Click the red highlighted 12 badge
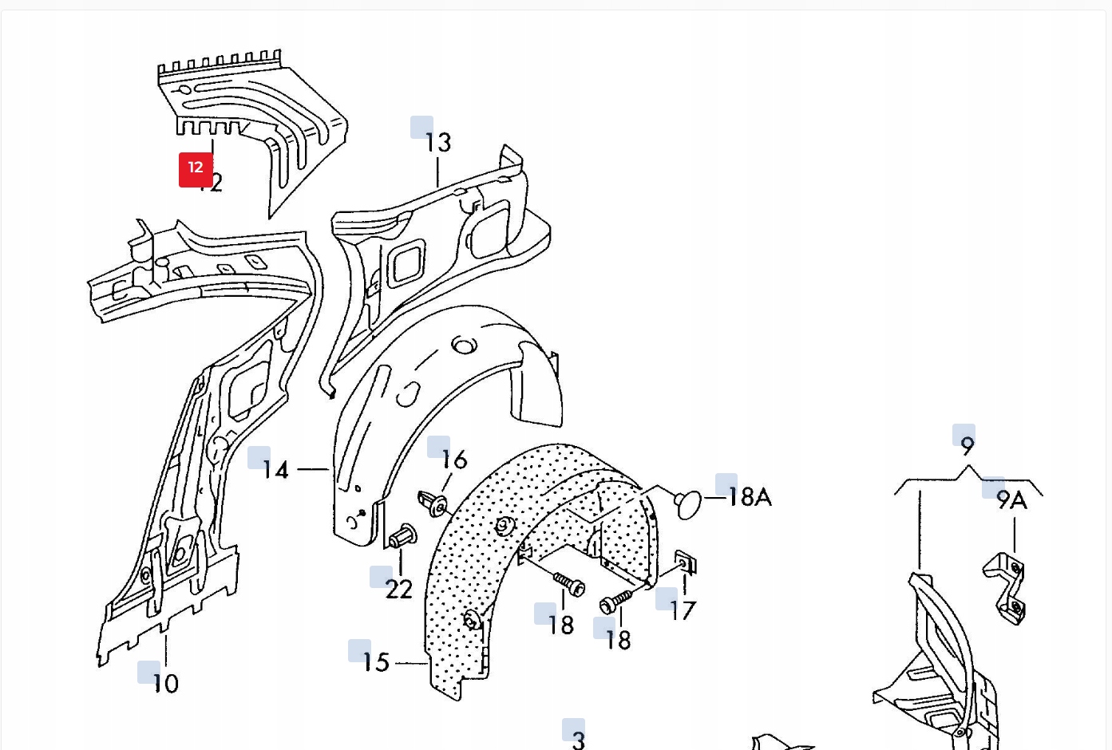(196, 169)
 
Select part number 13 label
(437, 143)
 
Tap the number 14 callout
(275, 470)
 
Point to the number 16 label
(453, 460)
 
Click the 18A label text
(749, 497)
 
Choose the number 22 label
(398, 590)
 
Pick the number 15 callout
(375, 662)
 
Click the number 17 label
(683, 611)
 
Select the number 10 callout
(165, 684)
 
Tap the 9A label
(1011, 500)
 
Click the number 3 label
(579, 740)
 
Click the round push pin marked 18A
(688, 504)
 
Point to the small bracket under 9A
(1005, 587)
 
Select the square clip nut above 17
(686, 562)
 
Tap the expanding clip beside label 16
(433, 503)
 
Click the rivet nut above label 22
(403, 536)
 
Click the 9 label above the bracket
(968, 445)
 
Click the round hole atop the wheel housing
(464, 345)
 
